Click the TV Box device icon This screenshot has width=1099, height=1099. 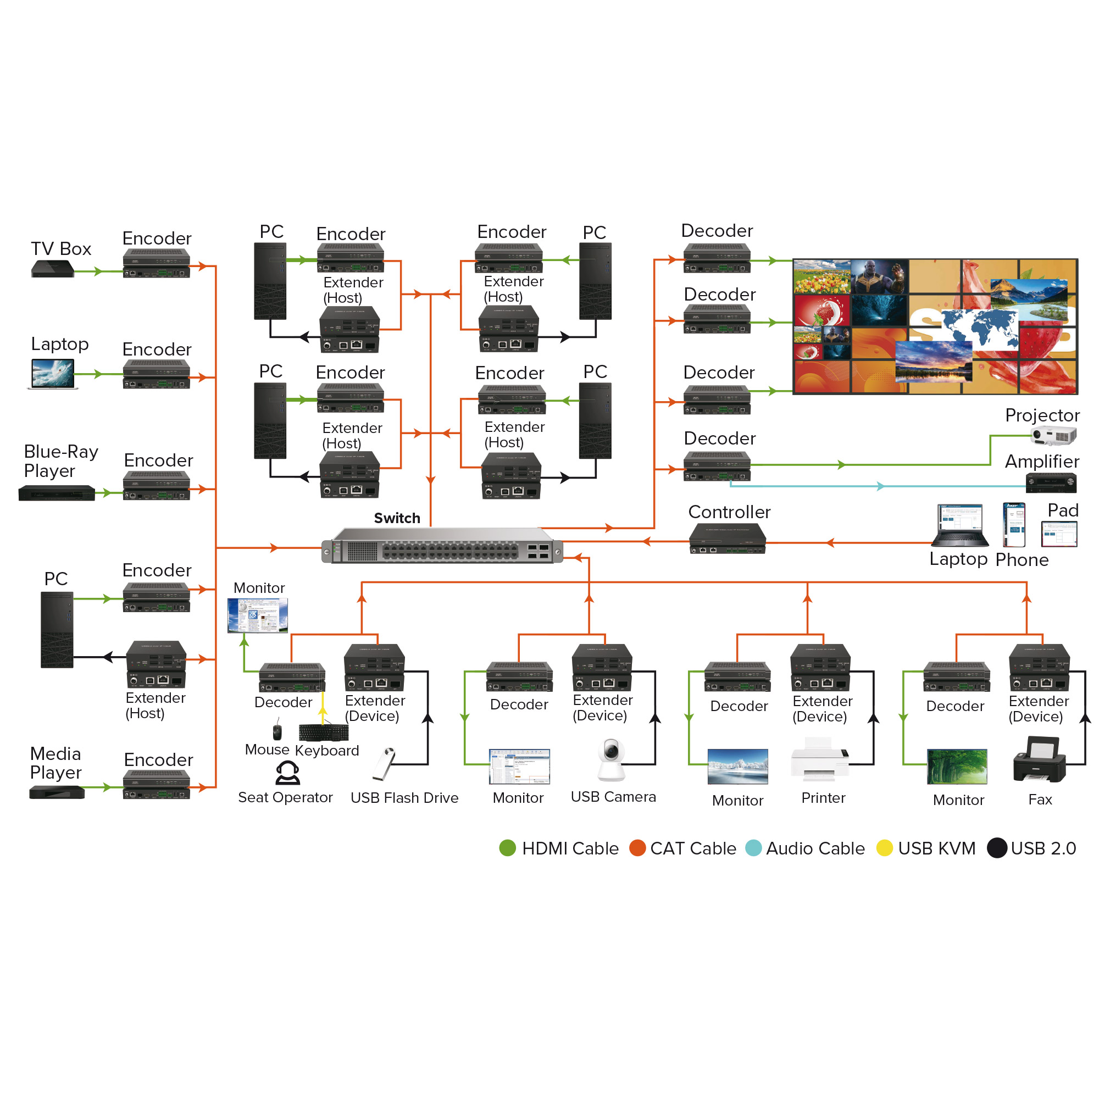coord(53,269)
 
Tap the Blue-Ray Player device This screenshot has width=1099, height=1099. coord(57,492)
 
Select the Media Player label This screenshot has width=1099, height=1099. coord(55,763)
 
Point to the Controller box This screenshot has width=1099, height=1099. coord(728,538)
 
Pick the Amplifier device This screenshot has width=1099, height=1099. coord(1051,482)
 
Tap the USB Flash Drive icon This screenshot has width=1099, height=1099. coord(384,763)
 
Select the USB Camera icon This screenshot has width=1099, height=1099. coord(611,759)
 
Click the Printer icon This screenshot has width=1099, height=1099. coord(820,759)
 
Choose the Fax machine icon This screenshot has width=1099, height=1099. coord(1039,759)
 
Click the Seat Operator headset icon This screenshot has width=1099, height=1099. coord(287,773)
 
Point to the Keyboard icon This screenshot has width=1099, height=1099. coord(324,732)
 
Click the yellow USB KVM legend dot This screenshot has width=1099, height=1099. coord(885,848)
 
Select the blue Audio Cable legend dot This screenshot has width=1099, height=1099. coord(754,848)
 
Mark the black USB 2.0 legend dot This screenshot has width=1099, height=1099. coord(997,848)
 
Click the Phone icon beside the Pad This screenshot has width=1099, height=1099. coord(1014,524)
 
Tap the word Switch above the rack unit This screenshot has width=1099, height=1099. coord(397,518)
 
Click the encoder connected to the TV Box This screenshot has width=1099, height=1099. coord(157,263)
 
